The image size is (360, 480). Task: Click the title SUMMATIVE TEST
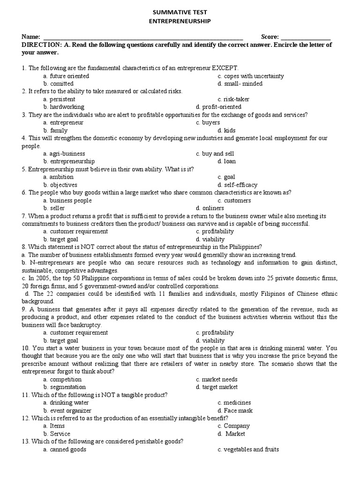180,12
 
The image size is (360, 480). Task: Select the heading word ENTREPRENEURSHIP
180,21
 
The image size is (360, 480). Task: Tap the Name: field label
31,37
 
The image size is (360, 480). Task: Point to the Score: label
270,37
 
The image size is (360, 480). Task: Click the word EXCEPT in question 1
227,68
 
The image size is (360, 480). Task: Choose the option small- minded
243,83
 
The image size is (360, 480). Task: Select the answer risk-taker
236,99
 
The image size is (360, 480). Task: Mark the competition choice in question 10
66,379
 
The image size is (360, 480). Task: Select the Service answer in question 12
60,434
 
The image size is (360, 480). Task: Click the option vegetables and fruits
251,449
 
